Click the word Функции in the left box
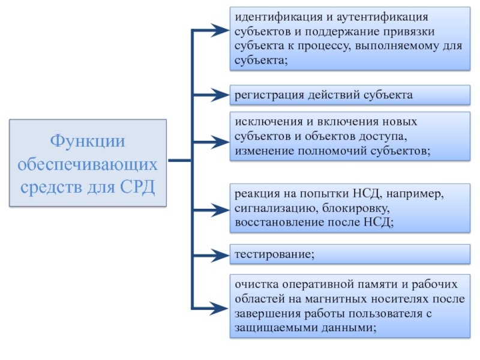(88, 142)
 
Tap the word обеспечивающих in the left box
(88, 165)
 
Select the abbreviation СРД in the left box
(137, 187)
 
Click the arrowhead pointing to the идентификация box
(220, 31)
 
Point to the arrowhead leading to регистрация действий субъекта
(220, 95)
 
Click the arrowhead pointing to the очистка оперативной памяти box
(220, 308)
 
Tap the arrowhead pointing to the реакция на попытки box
(220, 209)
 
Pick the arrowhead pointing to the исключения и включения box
(220, 142)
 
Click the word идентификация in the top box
(278, 17)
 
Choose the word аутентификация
(382, 17)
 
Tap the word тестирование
(275, 254)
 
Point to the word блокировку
(356, 208)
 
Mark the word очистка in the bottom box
(257, 284)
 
